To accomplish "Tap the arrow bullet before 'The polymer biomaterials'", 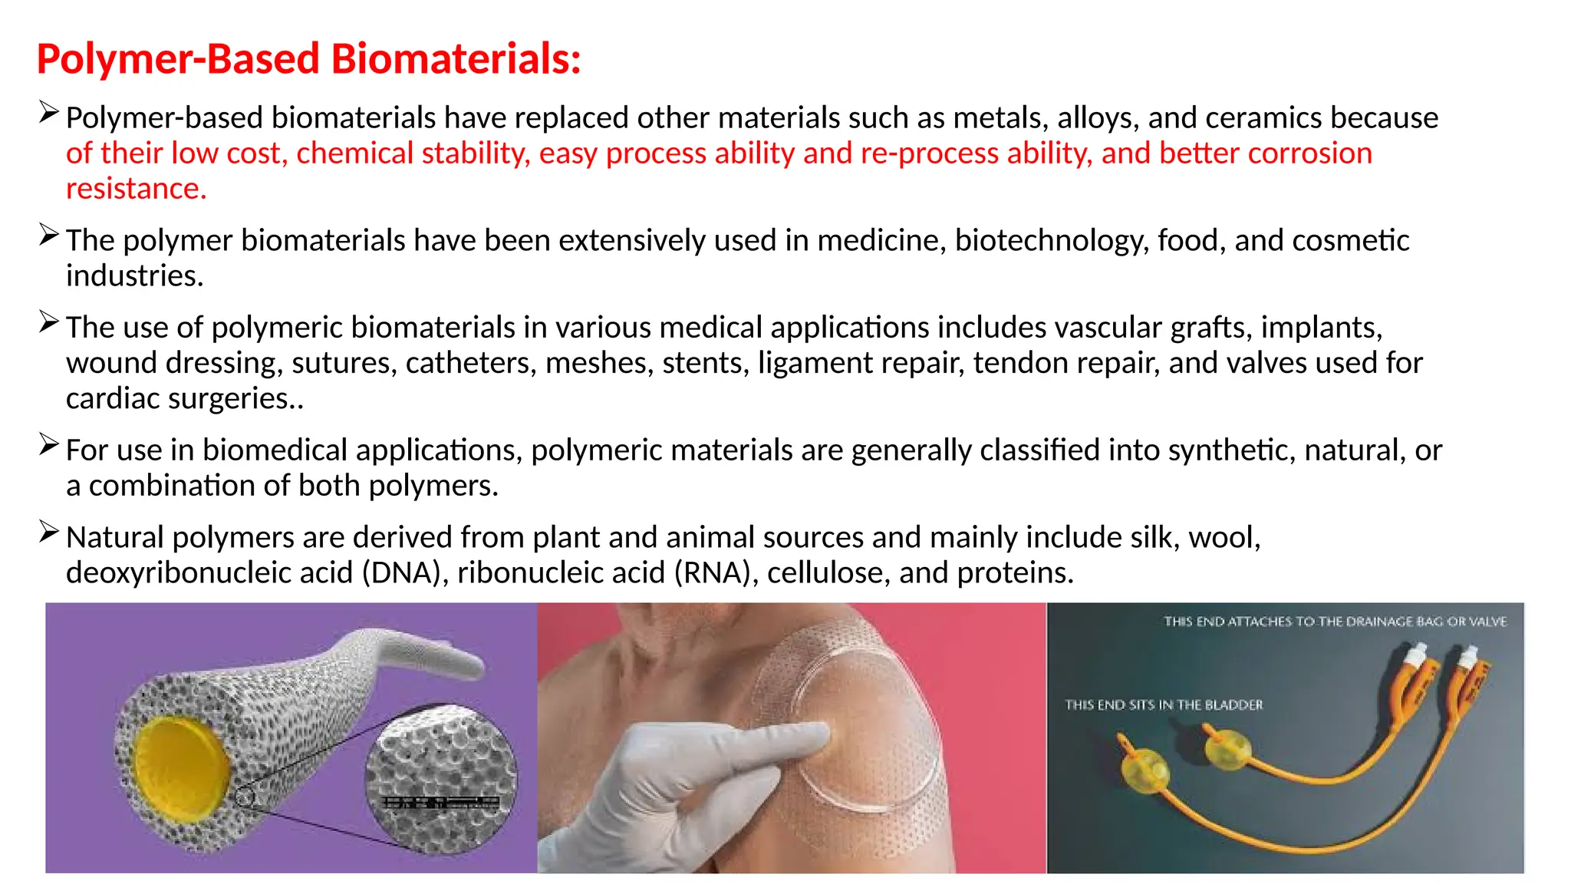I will click(48, 235).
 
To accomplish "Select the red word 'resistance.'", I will click(137, 189).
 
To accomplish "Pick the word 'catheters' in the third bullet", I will click(470, 363).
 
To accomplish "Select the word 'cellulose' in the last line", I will click(828, 573).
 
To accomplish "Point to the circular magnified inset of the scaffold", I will click(441, 779).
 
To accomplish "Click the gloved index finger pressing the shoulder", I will click(775, 737).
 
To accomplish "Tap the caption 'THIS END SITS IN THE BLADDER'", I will click(1163, 705).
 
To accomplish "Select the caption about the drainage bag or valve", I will click(1335, 622).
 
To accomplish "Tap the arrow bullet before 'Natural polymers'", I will click(48, 532).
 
